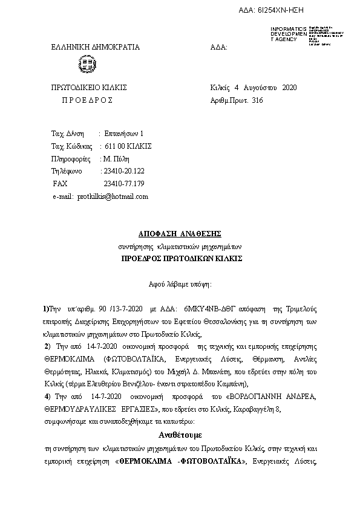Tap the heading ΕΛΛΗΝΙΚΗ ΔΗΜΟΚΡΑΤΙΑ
(96, 47)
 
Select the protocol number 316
(257, 100)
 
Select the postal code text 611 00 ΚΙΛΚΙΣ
(128, 146)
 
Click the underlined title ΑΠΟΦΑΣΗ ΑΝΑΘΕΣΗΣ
(180, 234)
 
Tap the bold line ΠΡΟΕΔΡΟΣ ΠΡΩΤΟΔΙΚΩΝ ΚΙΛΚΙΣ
(181, 258)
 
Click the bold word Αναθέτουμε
(180, 435)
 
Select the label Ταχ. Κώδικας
(71, 146)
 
